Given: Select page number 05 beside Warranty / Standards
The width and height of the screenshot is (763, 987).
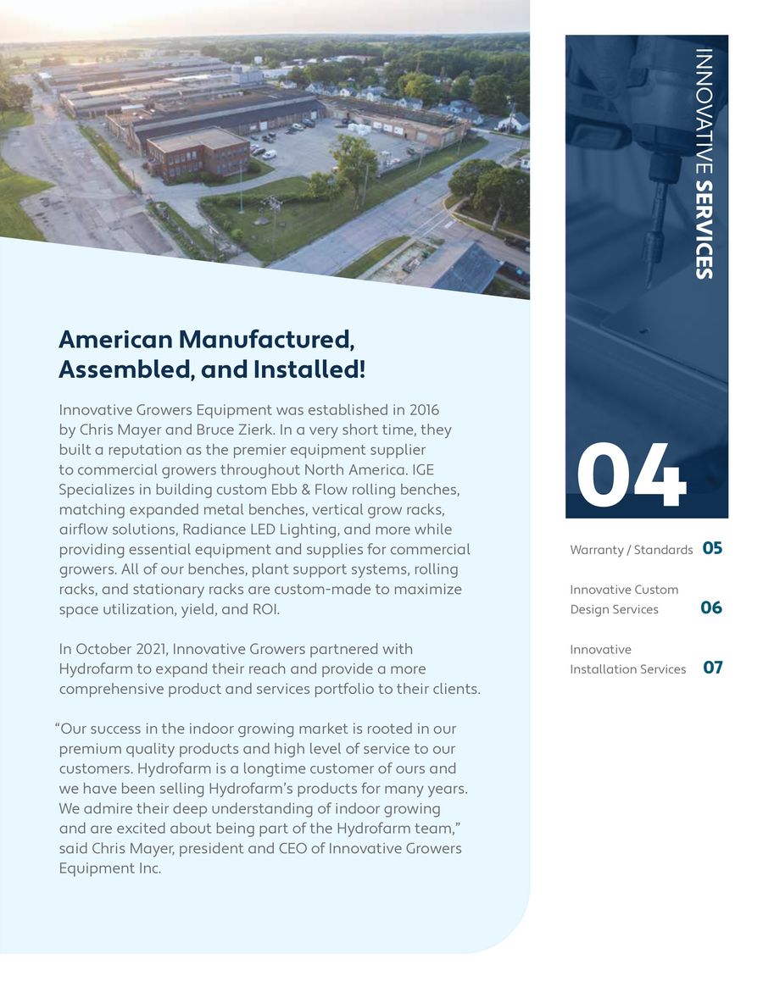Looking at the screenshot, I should (x=712, y=548).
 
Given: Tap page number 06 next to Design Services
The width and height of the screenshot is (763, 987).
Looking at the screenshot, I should (x=711, y=607).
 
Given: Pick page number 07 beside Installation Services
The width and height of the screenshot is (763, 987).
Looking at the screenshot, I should (x=713, y=668).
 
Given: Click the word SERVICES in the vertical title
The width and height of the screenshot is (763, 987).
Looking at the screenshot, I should (x=703, y=230).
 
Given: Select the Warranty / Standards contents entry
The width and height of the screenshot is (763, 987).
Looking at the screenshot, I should (x=631, y=550).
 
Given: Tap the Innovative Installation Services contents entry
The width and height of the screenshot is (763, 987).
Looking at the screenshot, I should (x=627, y=659).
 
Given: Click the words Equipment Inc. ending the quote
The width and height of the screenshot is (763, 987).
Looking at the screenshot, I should (x=109, y=868).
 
